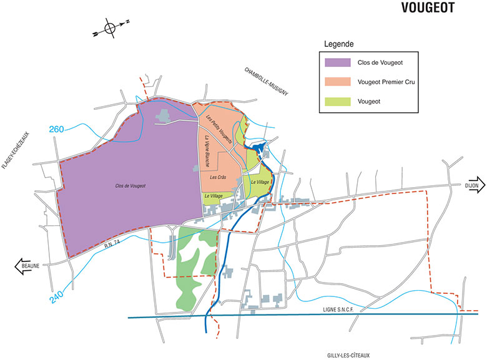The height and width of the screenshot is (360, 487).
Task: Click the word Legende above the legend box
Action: [x=340, y=44]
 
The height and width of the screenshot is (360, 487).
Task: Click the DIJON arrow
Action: [x=471, y=185]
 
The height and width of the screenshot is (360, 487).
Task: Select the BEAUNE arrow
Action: [x=28, y=266]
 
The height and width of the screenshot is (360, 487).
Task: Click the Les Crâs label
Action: [x=217, y=177]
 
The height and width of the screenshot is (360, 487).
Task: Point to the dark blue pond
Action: [x=256, y=148]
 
